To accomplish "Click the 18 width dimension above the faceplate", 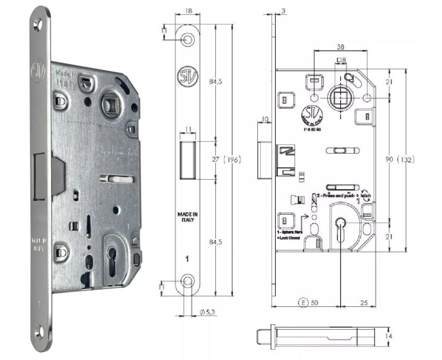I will pyautogui.click(x=187, y=11).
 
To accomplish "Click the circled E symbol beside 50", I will pyautogui.click(x=303, y=303).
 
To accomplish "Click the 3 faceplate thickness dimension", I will pyautogui.click(x=284, y=11).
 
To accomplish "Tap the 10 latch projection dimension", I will pyautogui.click(x=264, y=119).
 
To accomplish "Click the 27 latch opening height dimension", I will pyautogui.click(x=216, y=160).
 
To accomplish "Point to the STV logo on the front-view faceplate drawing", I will pyautogui.click(x=187, y=76).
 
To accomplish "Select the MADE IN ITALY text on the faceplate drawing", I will pyautogui.click(x=187, y=217).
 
